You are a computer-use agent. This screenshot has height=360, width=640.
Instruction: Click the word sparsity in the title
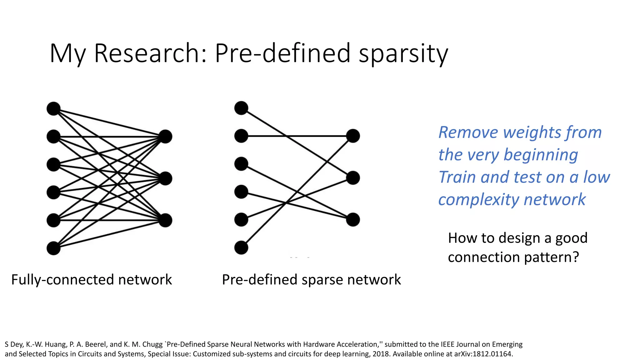(x=403, y=54)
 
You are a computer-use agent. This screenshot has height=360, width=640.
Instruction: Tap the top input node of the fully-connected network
(x=53, y=108)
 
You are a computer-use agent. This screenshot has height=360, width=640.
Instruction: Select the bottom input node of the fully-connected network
(x=53, y=248)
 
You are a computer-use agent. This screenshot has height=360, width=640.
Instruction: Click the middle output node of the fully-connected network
(x=165, y=178)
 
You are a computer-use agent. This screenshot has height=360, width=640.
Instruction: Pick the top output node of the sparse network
(x=353, y=136)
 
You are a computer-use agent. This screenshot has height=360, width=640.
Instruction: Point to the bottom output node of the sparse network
(x=353, y=220)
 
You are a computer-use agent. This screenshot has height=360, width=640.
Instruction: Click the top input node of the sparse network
(x=241, y=108)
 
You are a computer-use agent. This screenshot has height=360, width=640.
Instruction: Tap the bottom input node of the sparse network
(x=241, y=247)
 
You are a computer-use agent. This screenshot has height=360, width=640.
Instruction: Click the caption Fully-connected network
(x=92, y=279)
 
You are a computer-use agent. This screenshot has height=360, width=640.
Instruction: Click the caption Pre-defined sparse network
(x=311, y=279)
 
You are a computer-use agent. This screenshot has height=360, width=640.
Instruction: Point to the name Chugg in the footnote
(x=152, y=344)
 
